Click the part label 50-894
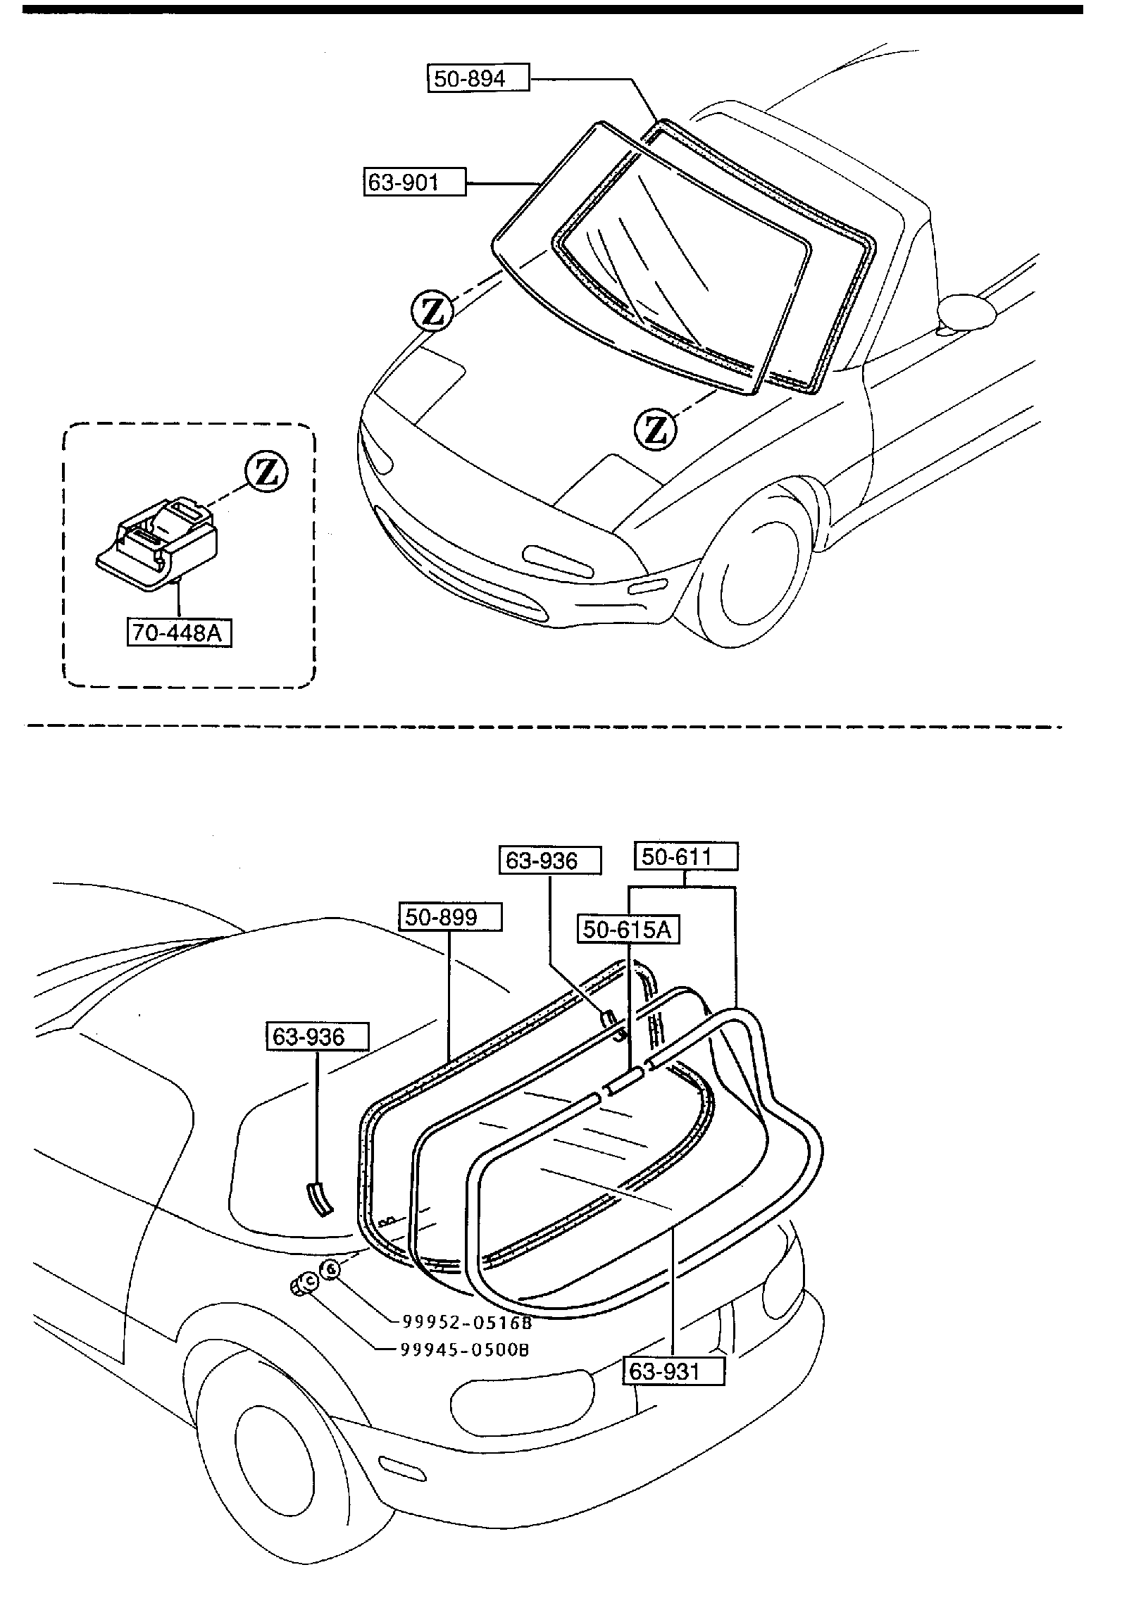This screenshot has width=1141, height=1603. pos(478,78)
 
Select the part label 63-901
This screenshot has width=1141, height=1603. pos(415,182)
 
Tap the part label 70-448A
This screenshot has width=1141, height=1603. pos(179,632)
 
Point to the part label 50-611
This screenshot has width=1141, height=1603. pos(686,856)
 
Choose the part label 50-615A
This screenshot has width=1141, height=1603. pos(628,929)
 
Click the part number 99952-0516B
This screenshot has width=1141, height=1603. pos(467,1323)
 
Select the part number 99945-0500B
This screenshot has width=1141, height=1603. pos(465,1349)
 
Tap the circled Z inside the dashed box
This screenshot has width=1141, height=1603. pos(266,472)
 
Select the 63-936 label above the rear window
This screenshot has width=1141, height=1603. pos(549,860)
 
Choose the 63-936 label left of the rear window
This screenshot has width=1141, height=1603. pos(317,1037)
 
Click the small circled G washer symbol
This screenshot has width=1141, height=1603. pos(330,1269)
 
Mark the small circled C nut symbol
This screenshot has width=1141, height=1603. pos(303,1283)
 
